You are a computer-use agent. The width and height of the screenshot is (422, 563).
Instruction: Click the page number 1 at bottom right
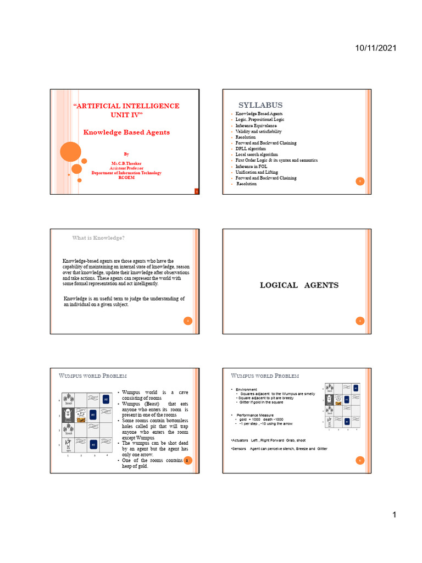tap(394, 515)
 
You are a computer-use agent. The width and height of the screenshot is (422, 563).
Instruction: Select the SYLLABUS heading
tap(260, 105)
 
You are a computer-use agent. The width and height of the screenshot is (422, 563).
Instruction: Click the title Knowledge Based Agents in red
tap(126, 133)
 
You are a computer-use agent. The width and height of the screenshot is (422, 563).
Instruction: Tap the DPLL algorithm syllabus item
tap(251, 148)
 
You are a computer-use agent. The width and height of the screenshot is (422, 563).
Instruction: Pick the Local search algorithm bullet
tap(257, 154)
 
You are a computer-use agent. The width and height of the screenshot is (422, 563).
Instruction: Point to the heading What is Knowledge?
tap(98, 238)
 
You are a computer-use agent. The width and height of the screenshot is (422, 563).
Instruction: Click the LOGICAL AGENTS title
tap(299, 285)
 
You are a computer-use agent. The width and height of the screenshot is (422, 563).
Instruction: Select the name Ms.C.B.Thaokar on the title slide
tap(126, 164)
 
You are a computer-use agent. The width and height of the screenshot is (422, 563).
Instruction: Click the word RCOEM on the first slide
tap(126, 178)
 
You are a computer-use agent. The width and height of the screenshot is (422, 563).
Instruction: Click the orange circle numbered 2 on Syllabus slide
tap(359, 181)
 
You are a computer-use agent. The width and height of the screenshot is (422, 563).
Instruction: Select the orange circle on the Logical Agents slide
tap(359, 321)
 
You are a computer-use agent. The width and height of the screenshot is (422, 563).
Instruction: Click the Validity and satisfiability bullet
tap(258, 131)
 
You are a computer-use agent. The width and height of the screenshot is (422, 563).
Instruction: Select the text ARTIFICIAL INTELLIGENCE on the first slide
tap(126, 106)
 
